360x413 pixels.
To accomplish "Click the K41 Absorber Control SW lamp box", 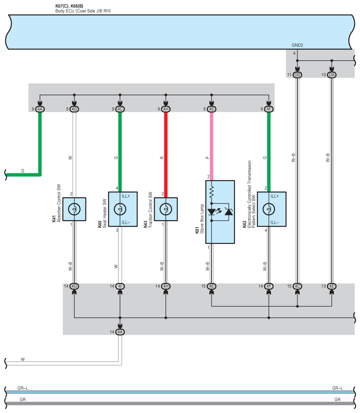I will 74,209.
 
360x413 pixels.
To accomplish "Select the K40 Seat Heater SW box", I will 123,209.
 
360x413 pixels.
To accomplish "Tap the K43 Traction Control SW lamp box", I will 166,209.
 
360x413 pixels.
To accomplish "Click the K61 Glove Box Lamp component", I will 220,211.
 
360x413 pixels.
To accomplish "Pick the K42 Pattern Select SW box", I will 271,209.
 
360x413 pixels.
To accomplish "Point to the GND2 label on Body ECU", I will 297,45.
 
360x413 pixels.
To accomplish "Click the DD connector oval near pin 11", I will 297,75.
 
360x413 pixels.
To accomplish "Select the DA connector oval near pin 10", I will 332,75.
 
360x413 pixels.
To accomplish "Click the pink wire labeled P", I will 212,145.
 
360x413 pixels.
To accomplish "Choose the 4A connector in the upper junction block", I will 40,109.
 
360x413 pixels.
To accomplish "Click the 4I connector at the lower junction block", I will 120,286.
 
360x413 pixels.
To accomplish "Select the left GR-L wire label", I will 23,388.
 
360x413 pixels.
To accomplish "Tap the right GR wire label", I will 337,399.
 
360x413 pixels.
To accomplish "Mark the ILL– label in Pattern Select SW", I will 275,222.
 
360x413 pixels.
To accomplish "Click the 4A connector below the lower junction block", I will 120,332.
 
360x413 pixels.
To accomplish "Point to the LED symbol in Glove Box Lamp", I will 212,212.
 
